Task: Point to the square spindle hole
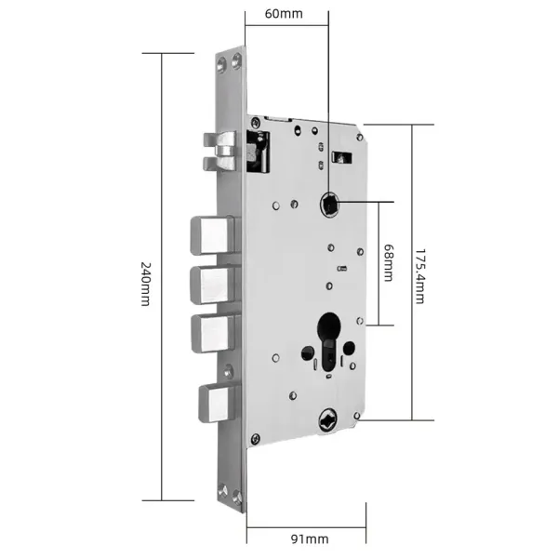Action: tap(328, 201)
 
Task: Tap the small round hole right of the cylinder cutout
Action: tap(348, 350)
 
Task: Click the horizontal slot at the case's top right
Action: tap(341, 155)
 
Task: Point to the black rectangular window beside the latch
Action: tap(256, 151)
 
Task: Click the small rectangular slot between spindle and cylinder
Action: tap(340, 270)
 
